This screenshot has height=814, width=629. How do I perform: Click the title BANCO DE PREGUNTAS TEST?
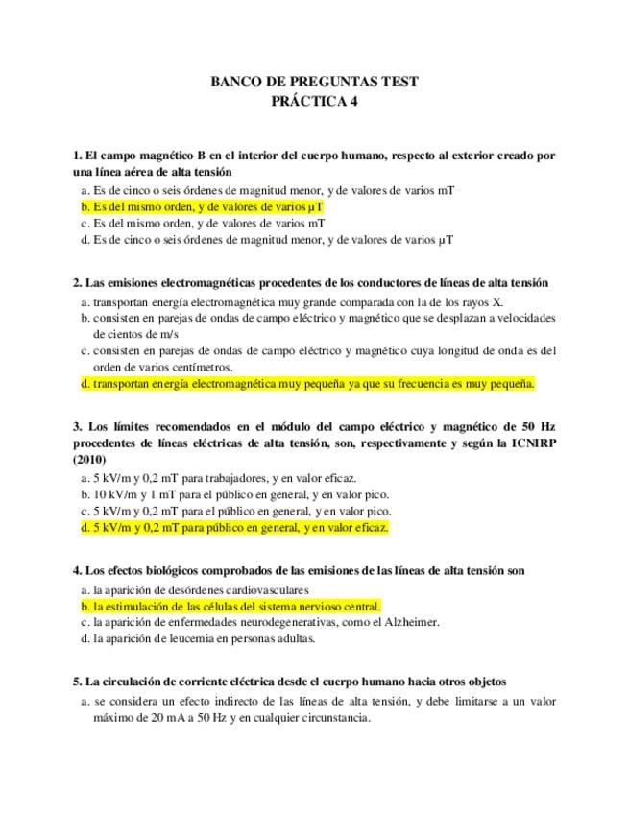[314, 83]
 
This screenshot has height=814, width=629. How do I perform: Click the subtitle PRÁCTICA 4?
[314, 103]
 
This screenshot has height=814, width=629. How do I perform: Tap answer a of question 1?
[267, 190]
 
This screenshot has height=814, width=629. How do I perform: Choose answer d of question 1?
[267, 240]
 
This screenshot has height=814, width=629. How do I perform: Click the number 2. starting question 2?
[77, 283]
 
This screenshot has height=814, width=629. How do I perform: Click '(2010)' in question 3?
[88, 459]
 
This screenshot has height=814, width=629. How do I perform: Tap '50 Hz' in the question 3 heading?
[540, 425]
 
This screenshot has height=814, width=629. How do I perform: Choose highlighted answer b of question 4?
[230, 606]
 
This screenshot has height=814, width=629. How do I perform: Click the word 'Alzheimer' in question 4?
[411, 622]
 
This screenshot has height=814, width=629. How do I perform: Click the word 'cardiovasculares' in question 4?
[266, 589]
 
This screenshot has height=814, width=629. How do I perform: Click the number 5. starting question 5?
[77, 682]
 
